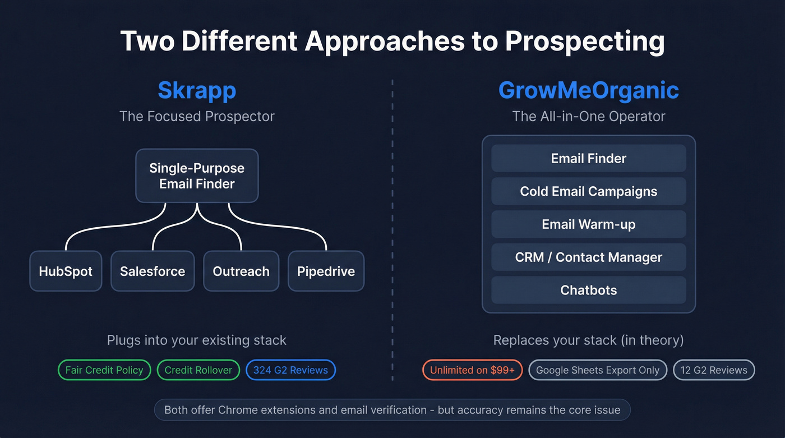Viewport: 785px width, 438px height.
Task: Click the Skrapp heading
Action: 197,90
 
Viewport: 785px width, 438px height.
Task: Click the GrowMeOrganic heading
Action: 588,90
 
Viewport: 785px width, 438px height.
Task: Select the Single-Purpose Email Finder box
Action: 197,176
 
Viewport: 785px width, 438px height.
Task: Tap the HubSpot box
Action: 66,271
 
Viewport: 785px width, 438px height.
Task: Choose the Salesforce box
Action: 153,271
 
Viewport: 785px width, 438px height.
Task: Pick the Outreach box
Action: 241,271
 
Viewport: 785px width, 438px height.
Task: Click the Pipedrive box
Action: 326,271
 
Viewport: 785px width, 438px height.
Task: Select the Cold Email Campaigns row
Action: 588,191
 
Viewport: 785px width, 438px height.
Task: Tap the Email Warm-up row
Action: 588,224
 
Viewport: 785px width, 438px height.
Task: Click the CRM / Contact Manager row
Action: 588,257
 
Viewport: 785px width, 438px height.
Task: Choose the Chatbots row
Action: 588,290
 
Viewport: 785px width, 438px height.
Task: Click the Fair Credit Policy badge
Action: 104,370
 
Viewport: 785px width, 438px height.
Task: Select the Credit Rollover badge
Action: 198,370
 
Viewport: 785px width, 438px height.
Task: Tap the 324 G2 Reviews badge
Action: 290,370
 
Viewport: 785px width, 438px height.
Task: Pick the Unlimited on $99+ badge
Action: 472,370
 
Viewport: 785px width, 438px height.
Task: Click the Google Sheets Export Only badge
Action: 598,370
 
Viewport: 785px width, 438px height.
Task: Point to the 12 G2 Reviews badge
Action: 714,370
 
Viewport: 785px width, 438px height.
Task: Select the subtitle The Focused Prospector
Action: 197,117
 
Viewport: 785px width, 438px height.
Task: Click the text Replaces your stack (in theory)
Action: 588,340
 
